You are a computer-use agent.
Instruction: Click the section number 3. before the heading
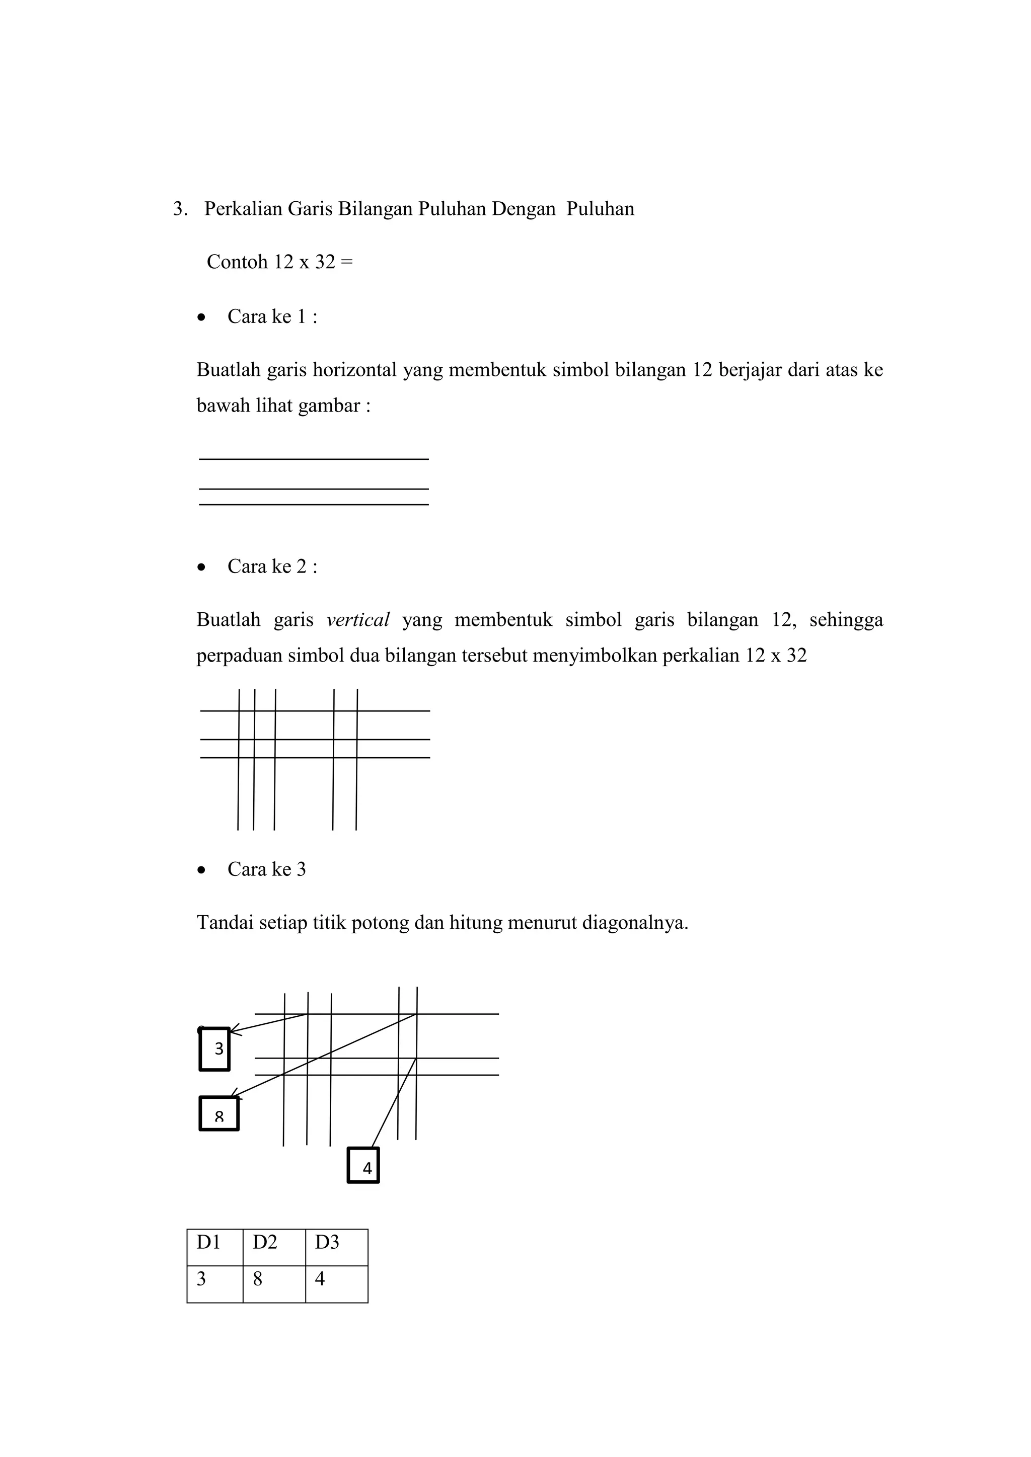pos(180,209)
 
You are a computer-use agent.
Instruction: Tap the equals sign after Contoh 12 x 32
pos(346,262)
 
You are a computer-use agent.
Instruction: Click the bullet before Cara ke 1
pos(202,317)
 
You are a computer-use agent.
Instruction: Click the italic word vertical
pos(357,620)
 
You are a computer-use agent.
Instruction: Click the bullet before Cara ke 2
pos(202,568)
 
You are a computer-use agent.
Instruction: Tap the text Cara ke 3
pos(267,869)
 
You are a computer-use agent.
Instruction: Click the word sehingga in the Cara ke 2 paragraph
pos(846,620)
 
